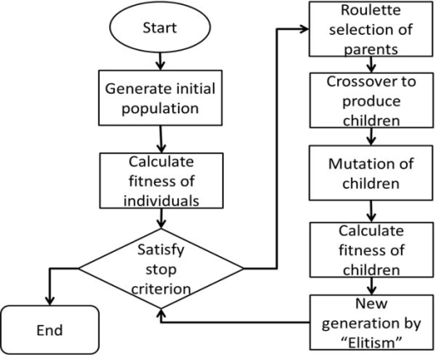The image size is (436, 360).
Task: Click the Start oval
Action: point(160,27)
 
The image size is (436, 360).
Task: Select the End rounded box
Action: point(50,330)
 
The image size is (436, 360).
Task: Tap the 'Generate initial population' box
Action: point(160,98)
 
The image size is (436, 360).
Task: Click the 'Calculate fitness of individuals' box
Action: point(161,180)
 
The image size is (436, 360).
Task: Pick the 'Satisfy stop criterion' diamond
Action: point(161,268)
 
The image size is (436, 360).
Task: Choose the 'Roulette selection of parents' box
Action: point(370,29)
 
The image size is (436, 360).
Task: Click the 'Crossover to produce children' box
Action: point(371,100)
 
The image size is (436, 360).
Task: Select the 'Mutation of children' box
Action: point(370,173)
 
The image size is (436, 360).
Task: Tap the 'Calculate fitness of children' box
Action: point(371,249)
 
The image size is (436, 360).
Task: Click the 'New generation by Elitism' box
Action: point(371,323)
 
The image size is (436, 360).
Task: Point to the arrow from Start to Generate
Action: point(160,61)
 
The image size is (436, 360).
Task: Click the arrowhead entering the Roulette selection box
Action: point(305,29)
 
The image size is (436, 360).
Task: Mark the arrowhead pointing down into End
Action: point(50,301)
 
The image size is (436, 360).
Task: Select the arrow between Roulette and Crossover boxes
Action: point(371,65)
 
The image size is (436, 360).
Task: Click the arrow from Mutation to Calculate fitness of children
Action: point(371,211)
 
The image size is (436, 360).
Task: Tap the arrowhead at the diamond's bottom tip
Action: point(161,313)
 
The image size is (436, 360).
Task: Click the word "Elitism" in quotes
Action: point(371,343)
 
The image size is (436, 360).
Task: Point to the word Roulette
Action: point(370,10)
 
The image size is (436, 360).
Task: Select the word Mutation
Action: point(352,164)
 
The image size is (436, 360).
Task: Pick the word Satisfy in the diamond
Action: point(161,250)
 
